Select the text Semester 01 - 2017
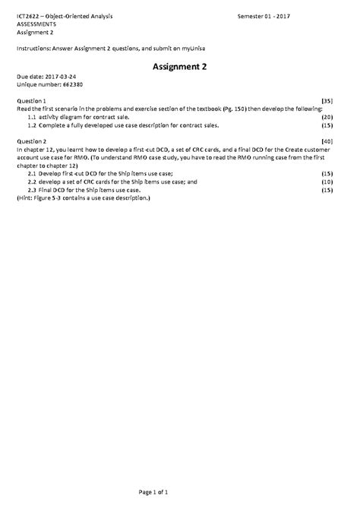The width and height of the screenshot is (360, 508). coord(270,16)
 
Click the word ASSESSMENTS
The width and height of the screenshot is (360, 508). coord(36,24)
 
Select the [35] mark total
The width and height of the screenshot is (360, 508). coord(327,101)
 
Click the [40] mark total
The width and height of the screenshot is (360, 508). coord(327,141)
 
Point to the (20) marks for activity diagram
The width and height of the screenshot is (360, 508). coord(327,117)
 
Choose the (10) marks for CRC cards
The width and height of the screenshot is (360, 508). coord(327,182)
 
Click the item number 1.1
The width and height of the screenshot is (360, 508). coord(32,117)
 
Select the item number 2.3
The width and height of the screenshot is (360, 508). coord(32,190)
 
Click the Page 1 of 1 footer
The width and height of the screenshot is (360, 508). coord(180,494)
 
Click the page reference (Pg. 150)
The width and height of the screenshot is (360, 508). coord(247,109)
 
